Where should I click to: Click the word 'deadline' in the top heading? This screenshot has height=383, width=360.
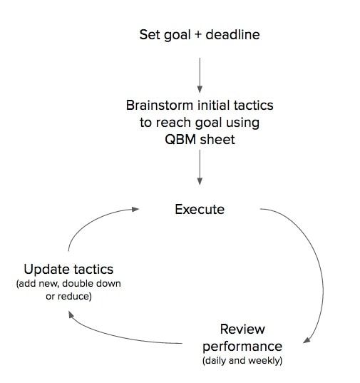[x=232, y=34]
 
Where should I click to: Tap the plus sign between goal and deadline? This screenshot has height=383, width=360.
[x=198, y=35]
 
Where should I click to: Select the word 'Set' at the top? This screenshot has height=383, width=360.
[x=149, y=34]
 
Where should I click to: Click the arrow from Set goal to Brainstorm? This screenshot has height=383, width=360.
[x=200, y=75]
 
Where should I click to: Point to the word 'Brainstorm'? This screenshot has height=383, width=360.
[x=160, y=106]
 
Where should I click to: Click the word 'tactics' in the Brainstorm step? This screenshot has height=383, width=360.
[x=253, y=106]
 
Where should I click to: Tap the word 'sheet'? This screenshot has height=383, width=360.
[x=217, y=140]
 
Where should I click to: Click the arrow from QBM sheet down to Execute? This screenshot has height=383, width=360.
[x=200, y=168]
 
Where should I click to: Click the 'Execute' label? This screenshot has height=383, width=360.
[x=200, y=210]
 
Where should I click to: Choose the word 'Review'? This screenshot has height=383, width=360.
[x=242, y=329]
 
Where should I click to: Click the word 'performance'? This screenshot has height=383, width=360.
[x=242, y=347]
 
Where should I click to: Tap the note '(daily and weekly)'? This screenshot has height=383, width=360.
[x=242, y=360]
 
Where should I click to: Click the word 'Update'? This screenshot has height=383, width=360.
[x=47, y=270]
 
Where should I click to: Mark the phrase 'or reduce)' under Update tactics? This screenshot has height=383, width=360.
[x=68, y=297]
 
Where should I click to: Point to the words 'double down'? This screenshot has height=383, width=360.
[x=91, y=284]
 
